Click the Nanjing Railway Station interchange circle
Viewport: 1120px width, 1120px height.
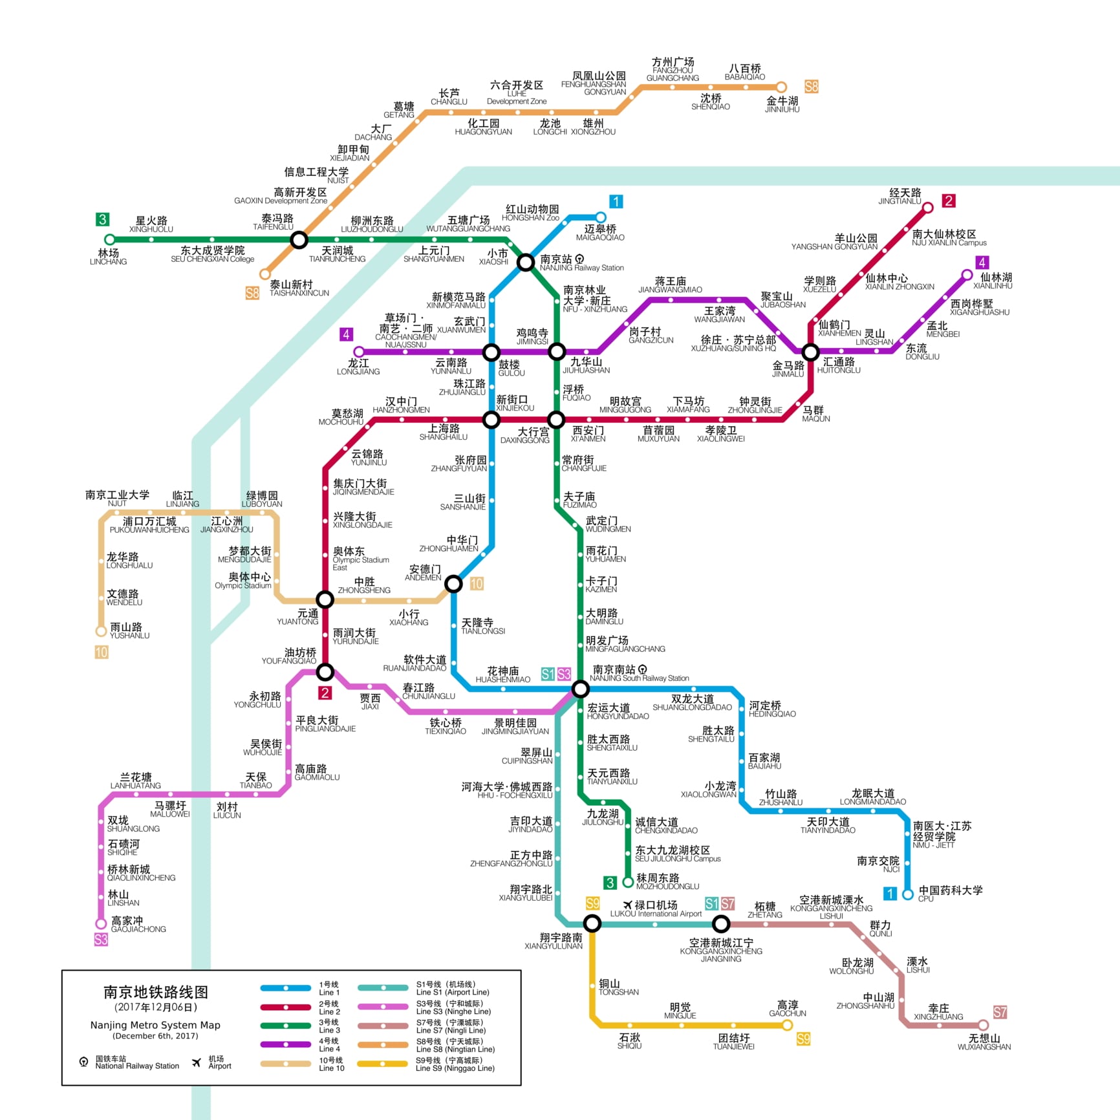[526, 262]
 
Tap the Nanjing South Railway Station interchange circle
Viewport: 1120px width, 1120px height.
[580, 689]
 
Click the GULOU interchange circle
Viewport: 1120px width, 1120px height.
[491, 352]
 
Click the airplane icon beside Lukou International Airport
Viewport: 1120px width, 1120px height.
[627, 905]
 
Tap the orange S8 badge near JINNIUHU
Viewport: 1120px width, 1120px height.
[811, 87]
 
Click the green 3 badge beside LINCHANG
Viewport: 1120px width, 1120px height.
[102, 220]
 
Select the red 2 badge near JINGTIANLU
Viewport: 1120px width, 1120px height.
[948, 201]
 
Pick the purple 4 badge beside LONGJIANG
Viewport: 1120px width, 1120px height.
[346, 334]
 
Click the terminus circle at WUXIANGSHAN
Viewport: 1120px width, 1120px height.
[983, 1025]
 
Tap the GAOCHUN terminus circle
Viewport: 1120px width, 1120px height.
[788, 1025]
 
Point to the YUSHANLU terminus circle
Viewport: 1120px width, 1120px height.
[101, 631]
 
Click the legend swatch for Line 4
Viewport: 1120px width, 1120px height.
[285, 1044]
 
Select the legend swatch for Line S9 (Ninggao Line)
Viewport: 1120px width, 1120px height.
[383, 1064]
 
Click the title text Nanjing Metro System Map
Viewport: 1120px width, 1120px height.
[155, 1025]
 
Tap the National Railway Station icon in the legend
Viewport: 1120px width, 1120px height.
[83, 1062]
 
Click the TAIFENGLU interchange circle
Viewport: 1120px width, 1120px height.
[299, 240]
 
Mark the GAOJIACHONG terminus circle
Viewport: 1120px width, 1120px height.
[101, 923]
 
